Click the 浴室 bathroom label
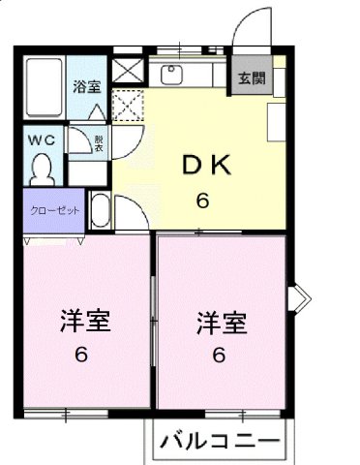[87, 85]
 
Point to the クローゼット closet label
[54, 210]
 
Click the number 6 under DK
[203, 201]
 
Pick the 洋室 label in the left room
[78, 321]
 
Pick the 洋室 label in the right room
[219, 321]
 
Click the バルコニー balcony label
[219, 446]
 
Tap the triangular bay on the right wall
[301, 296]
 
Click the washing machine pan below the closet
[100, 210]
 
